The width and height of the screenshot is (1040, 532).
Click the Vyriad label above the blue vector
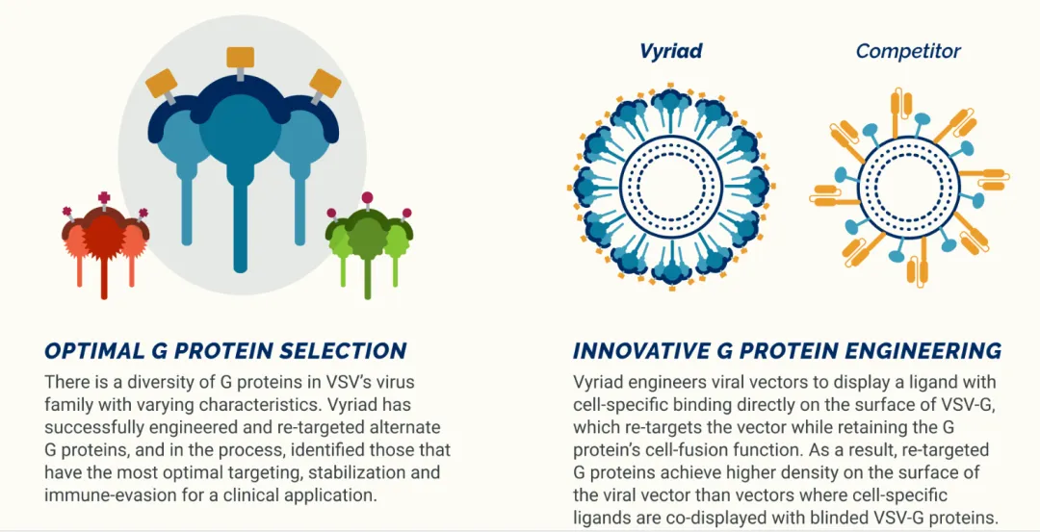670,52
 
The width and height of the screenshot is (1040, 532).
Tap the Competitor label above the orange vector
908,51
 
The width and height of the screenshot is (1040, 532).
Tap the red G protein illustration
105,245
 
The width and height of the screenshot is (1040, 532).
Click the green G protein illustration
369,245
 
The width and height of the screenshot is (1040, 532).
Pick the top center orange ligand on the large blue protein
240,58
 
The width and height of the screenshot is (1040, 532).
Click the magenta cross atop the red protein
103,198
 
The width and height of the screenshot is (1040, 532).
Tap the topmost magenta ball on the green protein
368,197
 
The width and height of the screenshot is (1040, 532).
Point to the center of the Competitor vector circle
908,188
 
